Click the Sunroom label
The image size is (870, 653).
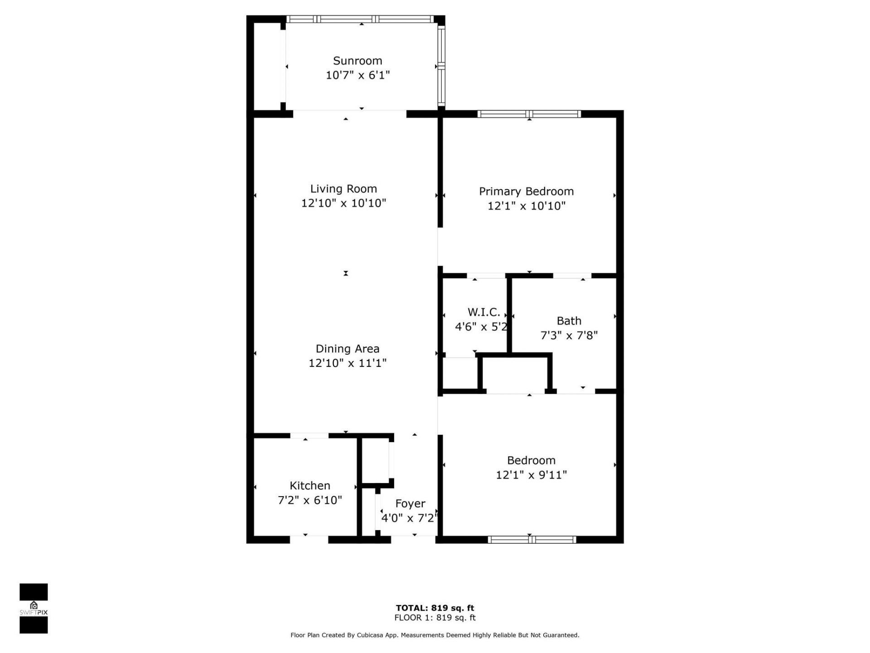coord(358,61)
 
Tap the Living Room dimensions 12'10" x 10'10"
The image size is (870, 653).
coord(343,203)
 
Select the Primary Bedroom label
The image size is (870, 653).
coord(526,191)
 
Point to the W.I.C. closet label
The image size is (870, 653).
coord(483,312)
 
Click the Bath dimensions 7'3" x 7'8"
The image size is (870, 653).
coord(569,336)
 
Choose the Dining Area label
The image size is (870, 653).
coord(347,349)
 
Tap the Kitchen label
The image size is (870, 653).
coord(309,486)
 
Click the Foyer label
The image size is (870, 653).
coord(410,503)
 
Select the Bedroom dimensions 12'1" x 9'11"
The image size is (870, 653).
coord(531,475)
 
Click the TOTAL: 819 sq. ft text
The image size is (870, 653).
coord(435,608)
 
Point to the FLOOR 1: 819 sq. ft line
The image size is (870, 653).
coord(435,618)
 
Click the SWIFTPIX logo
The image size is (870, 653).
coord(34,608)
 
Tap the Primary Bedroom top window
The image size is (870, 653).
coord(529,114)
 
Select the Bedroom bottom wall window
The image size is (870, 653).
coord(532,540)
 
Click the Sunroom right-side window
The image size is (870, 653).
coord(441,66)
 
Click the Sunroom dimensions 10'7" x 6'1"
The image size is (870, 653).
coord(358,75)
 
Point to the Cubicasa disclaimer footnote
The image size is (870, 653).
coord(435,635)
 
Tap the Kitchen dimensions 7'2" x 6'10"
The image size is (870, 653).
coord(309,500)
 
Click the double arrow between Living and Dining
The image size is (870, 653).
coord(346,273)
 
